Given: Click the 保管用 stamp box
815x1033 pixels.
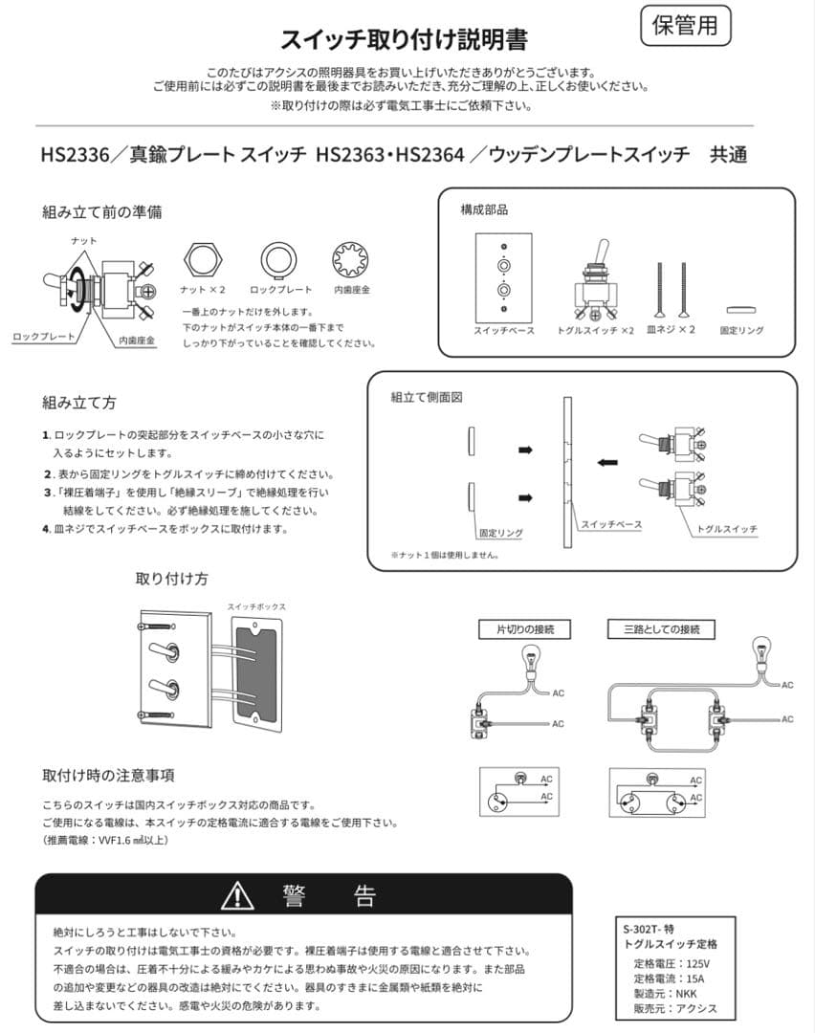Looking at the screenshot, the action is [685, 26].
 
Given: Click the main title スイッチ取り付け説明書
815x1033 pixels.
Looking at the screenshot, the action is [405, 40].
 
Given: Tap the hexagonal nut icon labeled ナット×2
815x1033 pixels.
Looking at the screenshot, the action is [203, 260].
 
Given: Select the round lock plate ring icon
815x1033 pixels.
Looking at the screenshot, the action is [278, 260].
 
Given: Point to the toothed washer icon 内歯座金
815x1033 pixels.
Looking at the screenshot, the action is [350, 260].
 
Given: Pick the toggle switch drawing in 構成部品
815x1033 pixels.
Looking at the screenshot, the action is [596, 282].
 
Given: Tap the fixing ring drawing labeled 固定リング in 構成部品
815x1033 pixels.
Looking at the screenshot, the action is [741, 310].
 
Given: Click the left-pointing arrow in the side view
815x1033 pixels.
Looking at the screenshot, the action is [607, 462].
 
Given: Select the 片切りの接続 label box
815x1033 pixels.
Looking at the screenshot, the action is [524, 629].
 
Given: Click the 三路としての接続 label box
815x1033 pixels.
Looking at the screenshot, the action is [661, 629].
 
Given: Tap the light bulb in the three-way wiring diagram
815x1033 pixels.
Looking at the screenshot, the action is [762, 652].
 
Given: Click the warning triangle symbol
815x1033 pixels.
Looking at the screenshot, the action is [237, 895].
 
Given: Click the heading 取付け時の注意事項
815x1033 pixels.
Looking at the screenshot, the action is [109, 776].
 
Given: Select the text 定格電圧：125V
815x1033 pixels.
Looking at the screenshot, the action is [672, 963].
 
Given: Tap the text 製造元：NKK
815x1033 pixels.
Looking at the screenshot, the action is [665, 994].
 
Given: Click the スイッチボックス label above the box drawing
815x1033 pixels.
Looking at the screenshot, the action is [257, 606].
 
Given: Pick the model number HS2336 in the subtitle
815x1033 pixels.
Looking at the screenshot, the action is [76, 155].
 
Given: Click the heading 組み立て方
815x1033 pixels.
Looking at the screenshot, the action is [79, 403].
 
